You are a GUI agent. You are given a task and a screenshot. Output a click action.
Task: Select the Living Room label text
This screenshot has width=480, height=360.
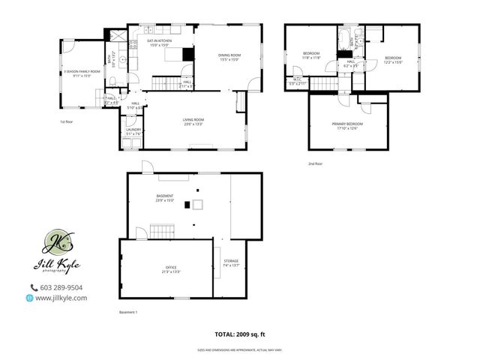coord(193,121)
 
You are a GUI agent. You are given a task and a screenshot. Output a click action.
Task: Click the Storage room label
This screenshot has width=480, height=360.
coord(230,262)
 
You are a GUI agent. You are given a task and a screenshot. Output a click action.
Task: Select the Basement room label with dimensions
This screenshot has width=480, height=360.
coord(164,198)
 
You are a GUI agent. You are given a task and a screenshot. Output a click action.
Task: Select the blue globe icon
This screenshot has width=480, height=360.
coord(29,298)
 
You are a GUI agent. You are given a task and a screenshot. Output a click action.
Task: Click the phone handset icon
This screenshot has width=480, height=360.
coord(33,287)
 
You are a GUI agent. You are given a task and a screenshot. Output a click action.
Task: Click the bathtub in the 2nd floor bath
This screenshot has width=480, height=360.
coord(343,37)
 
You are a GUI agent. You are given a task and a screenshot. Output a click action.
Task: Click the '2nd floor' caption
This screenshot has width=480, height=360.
coord(315,163)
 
